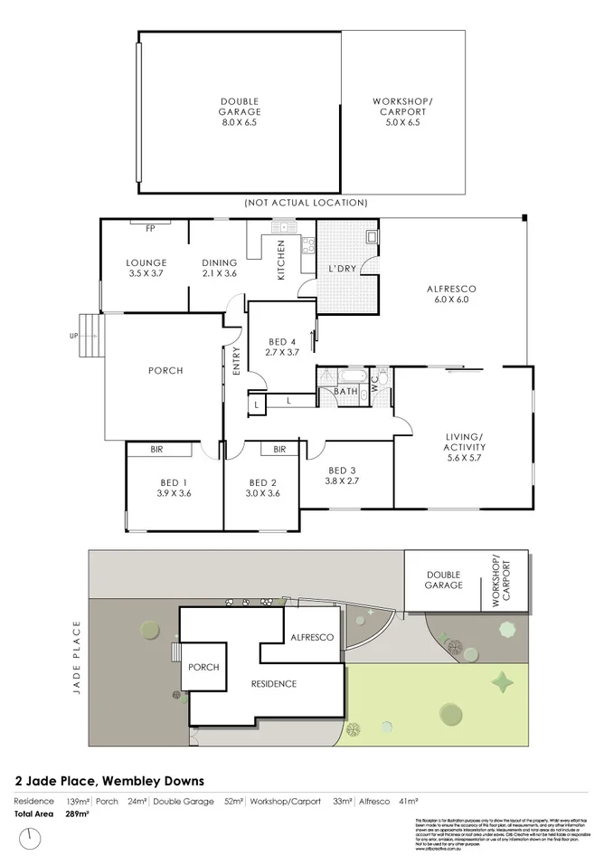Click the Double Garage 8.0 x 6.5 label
239,111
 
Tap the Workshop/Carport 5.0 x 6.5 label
402,111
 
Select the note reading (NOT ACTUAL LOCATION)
305,203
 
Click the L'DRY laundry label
341,270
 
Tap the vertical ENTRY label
236,361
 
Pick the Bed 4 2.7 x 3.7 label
281,347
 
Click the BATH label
344,392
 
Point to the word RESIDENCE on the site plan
274,683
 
